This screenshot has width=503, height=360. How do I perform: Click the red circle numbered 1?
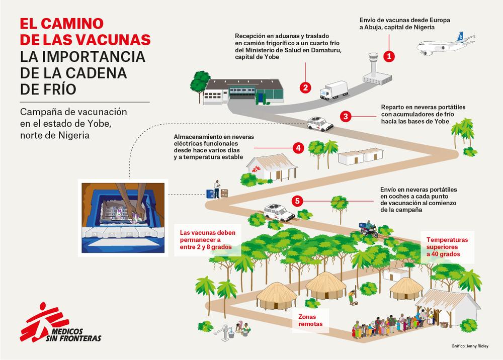pos(389,56)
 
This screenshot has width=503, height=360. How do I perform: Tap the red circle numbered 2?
pos(305,87)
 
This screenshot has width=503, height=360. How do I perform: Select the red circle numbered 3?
pos(346,116)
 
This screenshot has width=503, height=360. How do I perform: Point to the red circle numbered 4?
pos(298,148)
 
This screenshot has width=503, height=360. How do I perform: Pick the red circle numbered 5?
pos(297,201)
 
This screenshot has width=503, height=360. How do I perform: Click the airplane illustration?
pos(445,44)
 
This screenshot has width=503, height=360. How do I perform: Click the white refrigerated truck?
pos(333,90)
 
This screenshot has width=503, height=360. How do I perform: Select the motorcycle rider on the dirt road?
pos(369,229)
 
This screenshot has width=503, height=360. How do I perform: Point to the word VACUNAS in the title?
pos(113,40)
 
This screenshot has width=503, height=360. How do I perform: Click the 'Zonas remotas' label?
pos(310,320)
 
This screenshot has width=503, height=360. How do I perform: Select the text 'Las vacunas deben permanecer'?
pos(208,236)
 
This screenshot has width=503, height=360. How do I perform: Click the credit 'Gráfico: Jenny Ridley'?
pos(470,346)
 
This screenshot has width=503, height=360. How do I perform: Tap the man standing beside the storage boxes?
pos(217,189)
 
